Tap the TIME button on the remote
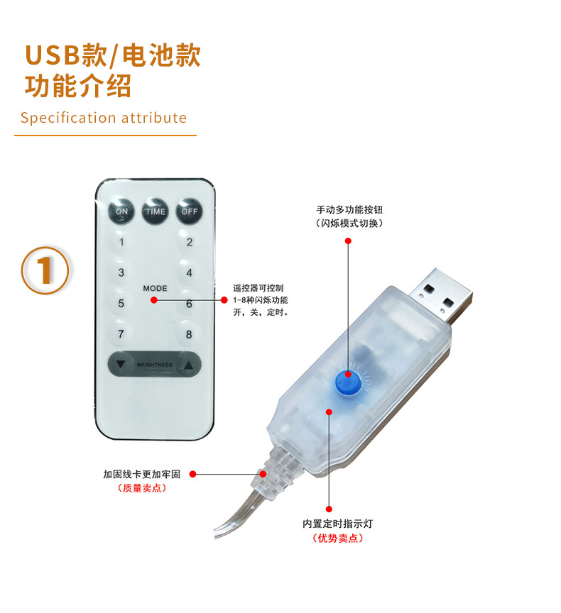[155, 211]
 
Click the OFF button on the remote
[189, 211]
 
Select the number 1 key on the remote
[121, 242]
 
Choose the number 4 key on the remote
[189, 272]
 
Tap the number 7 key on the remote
[121, 334]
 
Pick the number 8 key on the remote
[189, 334]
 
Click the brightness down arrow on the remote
[121, 365]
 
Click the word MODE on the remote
[155, 289]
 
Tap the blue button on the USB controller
[348, 384]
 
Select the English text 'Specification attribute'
[104, 118]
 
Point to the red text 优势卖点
[338, 539]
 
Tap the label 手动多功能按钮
[349, 210]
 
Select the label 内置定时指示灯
[338, 524]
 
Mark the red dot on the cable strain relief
[264, 473]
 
